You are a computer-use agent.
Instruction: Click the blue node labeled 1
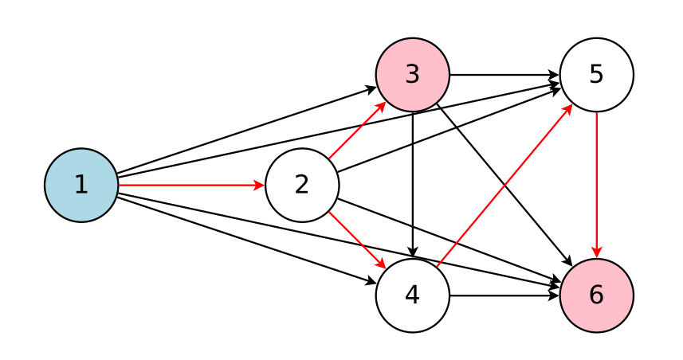click(x=80, y=185)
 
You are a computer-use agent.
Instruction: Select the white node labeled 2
click(x=301, y=185)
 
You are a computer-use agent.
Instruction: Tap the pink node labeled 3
click(x=412, y=74)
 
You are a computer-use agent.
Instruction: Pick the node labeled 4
click(x=412, y=295)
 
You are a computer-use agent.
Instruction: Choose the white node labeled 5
click(x=596, y=74)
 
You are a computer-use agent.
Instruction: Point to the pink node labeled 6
click(x=596, y=295)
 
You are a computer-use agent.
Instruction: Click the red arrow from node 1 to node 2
click(x=191, y=185)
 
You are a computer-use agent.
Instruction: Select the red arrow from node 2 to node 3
click(x=357, y=130)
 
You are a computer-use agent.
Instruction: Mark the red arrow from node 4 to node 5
click(x=504, y=185)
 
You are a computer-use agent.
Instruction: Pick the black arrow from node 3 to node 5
click(x=504, y=74)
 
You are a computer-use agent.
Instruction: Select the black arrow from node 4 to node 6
click(x=504, y=295)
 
